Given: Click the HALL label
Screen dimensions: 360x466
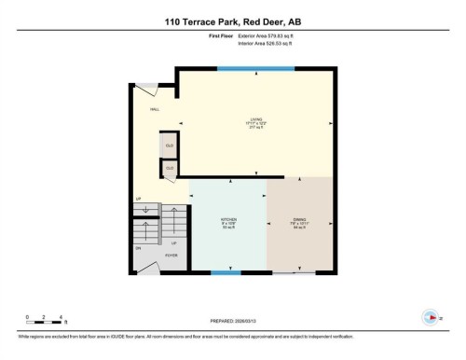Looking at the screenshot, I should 155,109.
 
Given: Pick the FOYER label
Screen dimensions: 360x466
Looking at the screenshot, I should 171,254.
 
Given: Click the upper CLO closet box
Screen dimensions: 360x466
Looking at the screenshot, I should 170,146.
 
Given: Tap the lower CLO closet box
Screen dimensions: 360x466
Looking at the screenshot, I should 170,168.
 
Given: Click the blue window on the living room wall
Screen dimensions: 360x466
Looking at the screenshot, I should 256,67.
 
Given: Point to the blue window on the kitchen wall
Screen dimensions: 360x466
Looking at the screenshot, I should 220,272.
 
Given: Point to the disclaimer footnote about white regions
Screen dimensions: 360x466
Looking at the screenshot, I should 186,334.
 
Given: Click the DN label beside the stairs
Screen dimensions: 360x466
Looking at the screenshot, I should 139,248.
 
